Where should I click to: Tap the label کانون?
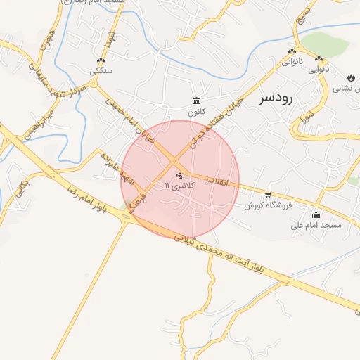(x=195, y=112)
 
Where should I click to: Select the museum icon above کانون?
(x=195, y=101)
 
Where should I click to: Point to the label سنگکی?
(x=99, y=71)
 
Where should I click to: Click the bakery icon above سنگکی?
(x=99, y=60)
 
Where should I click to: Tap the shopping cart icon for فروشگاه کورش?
(x=268, y=194)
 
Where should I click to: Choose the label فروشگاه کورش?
(x=264, y=205)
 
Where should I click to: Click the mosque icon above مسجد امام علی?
(x=316, y=214)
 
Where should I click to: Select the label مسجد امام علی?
(x=316, y=226)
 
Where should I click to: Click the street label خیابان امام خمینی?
(x=129, y=120)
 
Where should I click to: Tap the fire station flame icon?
(x=350, y=77)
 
